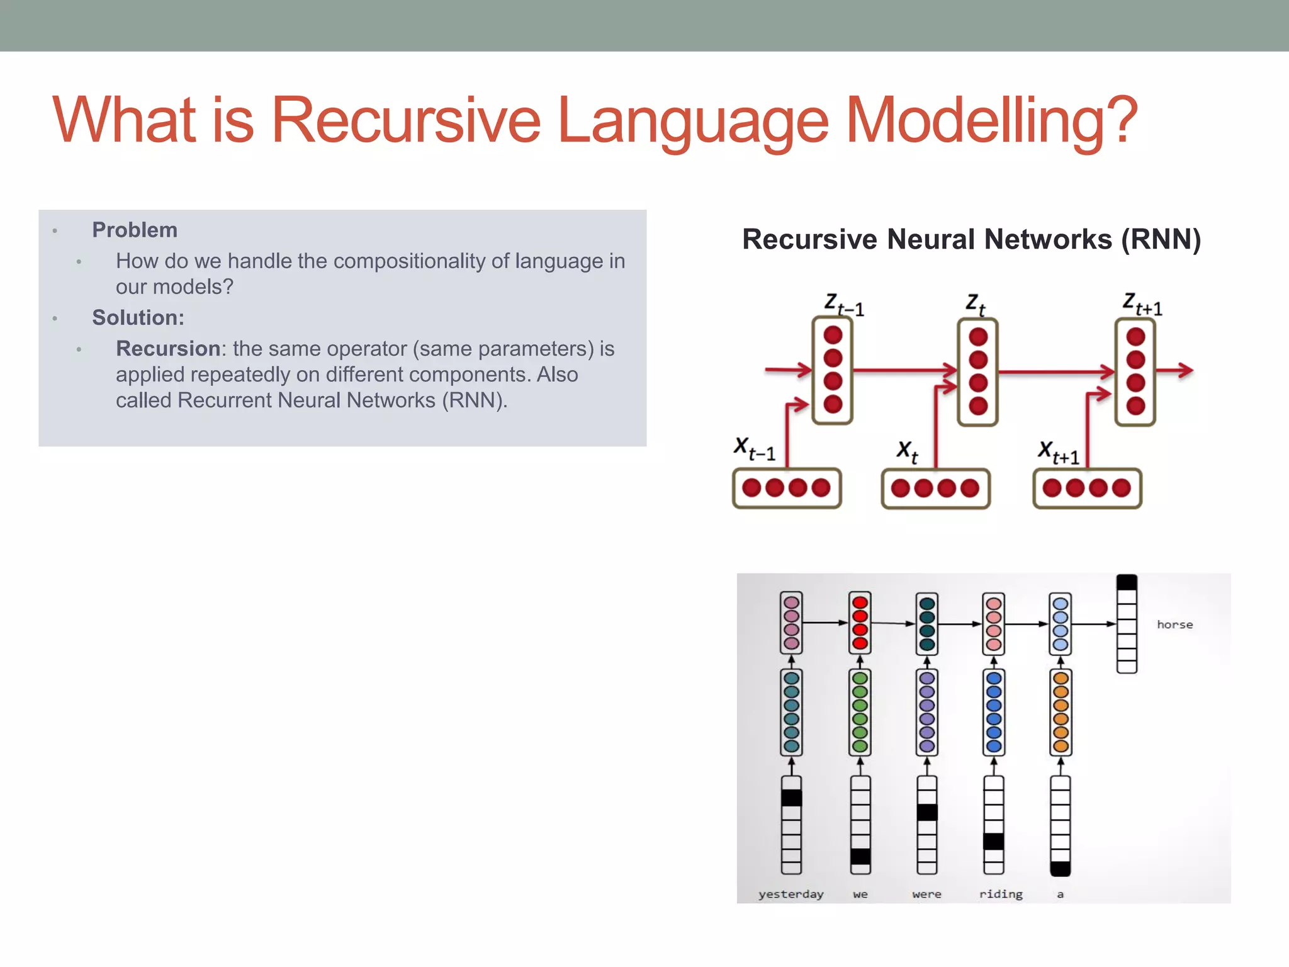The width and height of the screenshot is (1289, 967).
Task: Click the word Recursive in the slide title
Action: coord(406,120)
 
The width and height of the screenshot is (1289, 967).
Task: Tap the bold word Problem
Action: coord(135,230)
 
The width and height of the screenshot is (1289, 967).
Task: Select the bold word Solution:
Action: coord(138,318)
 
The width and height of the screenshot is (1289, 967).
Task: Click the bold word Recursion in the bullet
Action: coord(168,349)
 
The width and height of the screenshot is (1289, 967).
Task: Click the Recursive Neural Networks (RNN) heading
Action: coord(971,240)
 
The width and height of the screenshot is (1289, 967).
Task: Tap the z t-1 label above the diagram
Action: coord(844,305)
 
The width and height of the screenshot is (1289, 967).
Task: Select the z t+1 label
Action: coord(1142,304)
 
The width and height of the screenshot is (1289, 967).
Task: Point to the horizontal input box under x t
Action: coord(935,489)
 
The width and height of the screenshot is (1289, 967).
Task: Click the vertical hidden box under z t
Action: coord(977,372)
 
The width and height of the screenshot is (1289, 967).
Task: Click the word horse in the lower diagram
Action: coord(1174,625)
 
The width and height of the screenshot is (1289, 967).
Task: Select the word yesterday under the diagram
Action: coord(791,894)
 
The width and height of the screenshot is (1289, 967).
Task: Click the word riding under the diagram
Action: coord(1001,894)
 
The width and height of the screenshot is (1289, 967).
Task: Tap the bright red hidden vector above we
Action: coord(860,623)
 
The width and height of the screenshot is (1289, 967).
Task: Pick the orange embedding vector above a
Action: coord(1061,712)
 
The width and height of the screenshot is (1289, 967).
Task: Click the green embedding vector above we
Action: coord(860,712)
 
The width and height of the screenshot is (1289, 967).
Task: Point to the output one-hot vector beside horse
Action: coord(1127,624)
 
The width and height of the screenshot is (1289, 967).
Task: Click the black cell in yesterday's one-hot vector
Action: coord(791,798)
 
